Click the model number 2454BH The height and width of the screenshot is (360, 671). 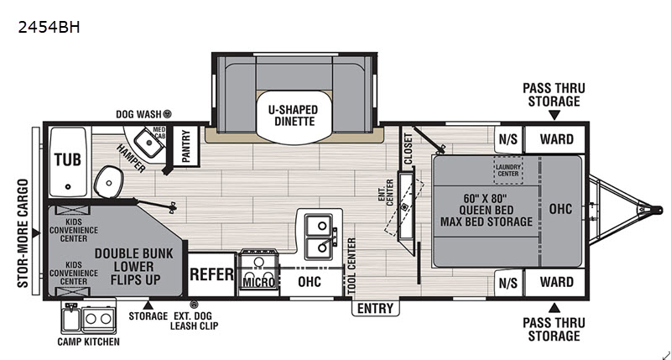tap(49, 28)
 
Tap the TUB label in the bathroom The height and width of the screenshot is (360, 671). tap(68, 160)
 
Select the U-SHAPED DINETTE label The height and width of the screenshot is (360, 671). tap(294, 116)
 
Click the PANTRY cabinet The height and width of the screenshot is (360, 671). tap(185, 146)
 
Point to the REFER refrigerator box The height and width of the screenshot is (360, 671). tap(211, 274)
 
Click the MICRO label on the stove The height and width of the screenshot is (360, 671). tap(258, 283)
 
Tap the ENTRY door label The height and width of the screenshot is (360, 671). tap(375, 308)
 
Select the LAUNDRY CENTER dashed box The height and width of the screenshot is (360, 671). tap(508, 170)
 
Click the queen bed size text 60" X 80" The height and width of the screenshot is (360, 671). tap(485, 199)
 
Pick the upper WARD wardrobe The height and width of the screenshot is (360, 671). tap(554, 139)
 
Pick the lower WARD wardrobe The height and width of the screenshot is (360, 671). tap(554, 283)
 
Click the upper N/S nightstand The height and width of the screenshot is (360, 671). tap(508, 139)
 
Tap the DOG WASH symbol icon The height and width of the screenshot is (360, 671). tap(168, 114)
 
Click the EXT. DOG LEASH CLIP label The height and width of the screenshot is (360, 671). tap(195, 321)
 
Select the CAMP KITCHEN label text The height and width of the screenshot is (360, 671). tap(89, 342)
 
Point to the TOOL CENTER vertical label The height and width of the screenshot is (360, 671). tap(351, 266)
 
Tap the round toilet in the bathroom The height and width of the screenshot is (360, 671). tap(109, 182)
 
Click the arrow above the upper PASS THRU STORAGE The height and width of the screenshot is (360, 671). tap(554, 115)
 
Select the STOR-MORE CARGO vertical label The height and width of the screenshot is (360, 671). tap(23, 233)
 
